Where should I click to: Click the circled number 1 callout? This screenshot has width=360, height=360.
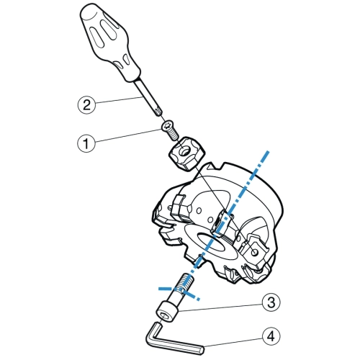(86, 143)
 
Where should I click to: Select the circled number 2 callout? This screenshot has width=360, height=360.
(86, 105)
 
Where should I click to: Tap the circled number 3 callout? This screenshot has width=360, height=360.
(271, 302)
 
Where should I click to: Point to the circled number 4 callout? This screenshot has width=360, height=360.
(271, 336)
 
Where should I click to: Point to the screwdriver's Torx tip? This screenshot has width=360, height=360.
(158, 112)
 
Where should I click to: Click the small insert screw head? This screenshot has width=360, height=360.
(168, 126)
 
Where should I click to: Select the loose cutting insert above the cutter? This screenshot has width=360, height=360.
(187, 153)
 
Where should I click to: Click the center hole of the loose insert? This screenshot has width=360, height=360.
(185, 151)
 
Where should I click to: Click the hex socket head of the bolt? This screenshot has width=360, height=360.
(167, 312)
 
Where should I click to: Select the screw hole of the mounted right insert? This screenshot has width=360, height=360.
(254, 252)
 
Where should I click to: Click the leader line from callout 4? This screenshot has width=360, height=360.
(233, 342)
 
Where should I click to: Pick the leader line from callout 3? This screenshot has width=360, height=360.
(220, 308)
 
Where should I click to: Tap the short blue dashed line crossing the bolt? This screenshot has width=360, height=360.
(179, 293)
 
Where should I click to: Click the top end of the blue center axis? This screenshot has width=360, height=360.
(268, 152)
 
